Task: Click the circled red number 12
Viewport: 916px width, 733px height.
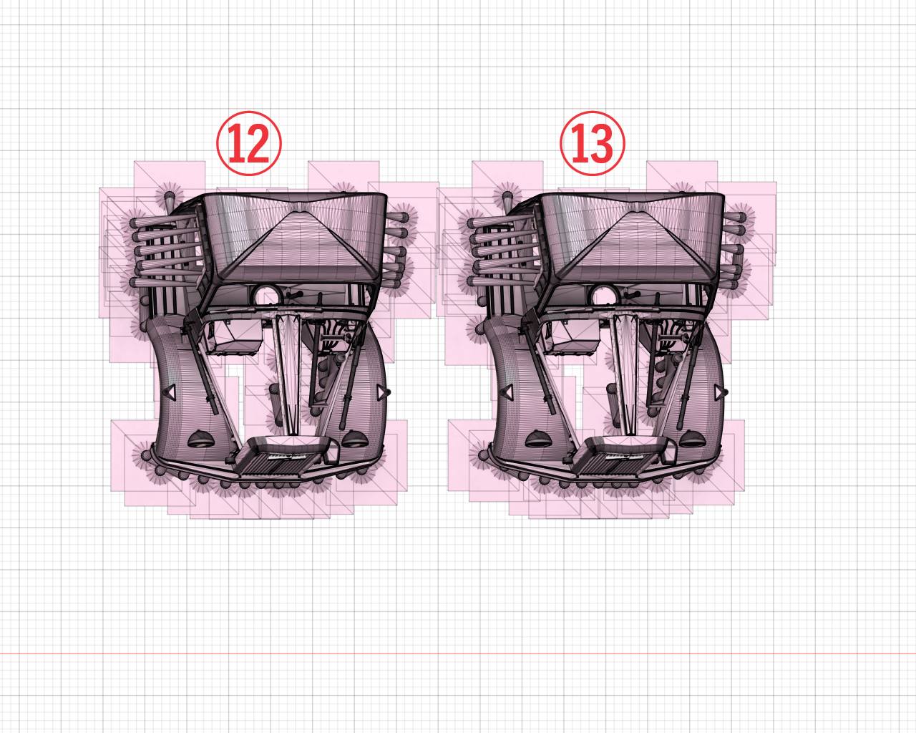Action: click(249, 144)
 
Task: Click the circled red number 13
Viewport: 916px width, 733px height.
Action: click(592, 144)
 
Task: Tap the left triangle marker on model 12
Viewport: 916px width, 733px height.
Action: click(170, 391)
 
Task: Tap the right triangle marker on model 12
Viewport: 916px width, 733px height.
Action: click(383, 392)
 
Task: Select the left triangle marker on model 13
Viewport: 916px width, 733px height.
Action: click(507, 391)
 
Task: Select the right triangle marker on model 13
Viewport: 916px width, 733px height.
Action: click(720, 392)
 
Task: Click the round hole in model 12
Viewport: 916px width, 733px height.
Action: click(266, 295)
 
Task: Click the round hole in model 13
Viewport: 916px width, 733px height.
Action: click(604, 295)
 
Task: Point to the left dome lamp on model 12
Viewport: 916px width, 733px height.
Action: click(201, 438)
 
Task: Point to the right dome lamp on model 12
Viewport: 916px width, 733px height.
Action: click(354, 438)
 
